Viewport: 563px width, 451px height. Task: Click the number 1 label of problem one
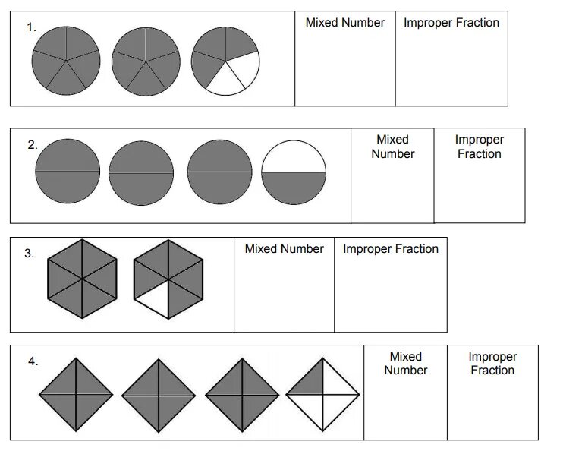click(x=31, y=27)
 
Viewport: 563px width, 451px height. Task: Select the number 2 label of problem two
click(x=33, y=145)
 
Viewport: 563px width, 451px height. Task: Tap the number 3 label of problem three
click(x=29, y=254)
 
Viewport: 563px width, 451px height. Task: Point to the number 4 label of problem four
click(x=33, y=362)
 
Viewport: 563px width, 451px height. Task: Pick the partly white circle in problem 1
click(x=225, y=61)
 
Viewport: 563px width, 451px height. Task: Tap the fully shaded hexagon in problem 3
click(x=82, y=279)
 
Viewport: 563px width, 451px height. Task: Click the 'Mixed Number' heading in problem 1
click(x=344, y=23)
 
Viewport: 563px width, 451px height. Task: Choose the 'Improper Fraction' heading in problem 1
click(x=451, y=23)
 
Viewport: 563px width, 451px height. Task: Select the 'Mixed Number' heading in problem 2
click(x=392, y=147)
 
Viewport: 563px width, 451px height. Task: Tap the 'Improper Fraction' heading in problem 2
click(x=479, y=147)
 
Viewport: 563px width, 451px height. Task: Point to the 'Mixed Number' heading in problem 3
click(x=284, y=249)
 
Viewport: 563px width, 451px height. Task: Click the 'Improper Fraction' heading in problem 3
click(x=390, y=249)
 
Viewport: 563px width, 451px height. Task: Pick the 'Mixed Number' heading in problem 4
click(x=405, y=363)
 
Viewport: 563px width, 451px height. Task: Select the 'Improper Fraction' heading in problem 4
click(x=492, y=363)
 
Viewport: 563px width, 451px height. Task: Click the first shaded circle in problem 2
click(x=68, y=172)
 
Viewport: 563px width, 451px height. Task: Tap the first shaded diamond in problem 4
click(x=76, y=395)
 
